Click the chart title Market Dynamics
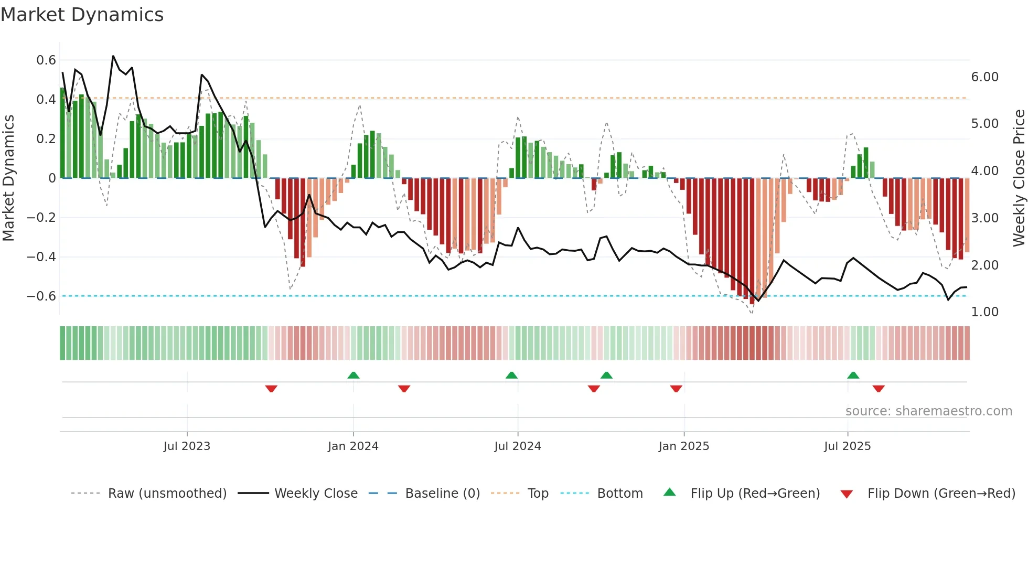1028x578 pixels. (x=82, y=15)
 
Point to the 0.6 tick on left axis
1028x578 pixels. (x=46, y=60)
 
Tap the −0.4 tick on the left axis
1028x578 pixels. (x=41, y=257)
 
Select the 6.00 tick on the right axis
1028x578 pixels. (x=984, y=77)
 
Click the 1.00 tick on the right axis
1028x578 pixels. (x=984, y=312)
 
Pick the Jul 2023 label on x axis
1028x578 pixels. (x=187, y=446)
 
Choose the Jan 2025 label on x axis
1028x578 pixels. (x=683, y=446)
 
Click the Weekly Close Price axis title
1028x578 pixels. (x=1019, y=178)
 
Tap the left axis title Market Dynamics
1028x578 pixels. (x=8, y=178)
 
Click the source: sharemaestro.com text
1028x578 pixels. (x=928, y=411)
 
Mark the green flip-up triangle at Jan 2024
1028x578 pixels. (x=354, y=375)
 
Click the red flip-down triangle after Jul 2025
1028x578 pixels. (x=879, y=389)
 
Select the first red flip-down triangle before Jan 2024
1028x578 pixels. (x=271, y=389)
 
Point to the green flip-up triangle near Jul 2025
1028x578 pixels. (x=853, y=375)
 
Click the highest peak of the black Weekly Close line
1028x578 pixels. (x=113, y=56)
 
